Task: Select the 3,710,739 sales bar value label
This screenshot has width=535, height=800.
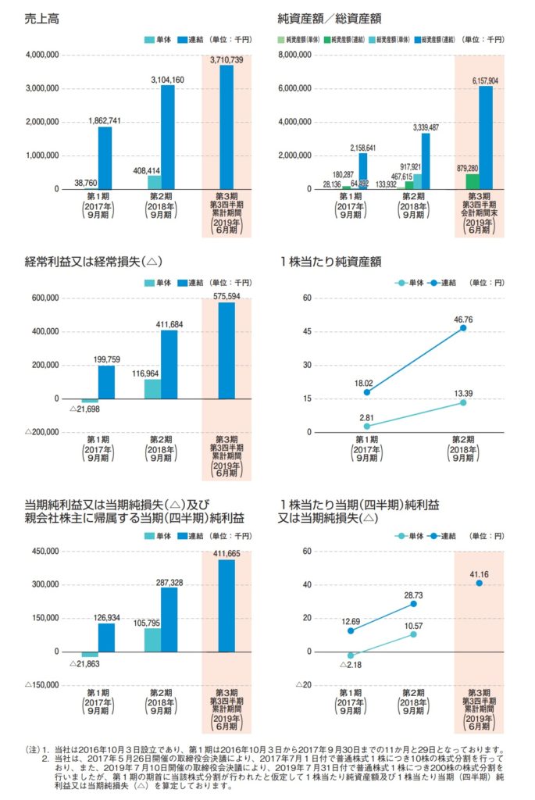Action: click(226, 59)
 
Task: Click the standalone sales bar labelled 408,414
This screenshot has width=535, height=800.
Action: click(153, 182)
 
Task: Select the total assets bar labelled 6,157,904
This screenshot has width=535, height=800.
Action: click(485, 137)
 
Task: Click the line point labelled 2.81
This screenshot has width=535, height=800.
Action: click(366, 426)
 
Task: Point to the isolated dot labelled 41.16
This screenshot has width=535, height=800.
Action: click(479, 583)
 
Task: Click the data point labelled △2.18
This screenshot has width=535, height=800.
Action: click(351, 655)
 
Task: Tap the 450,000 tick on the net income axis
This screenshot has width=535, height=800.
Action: click(45, 551)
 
